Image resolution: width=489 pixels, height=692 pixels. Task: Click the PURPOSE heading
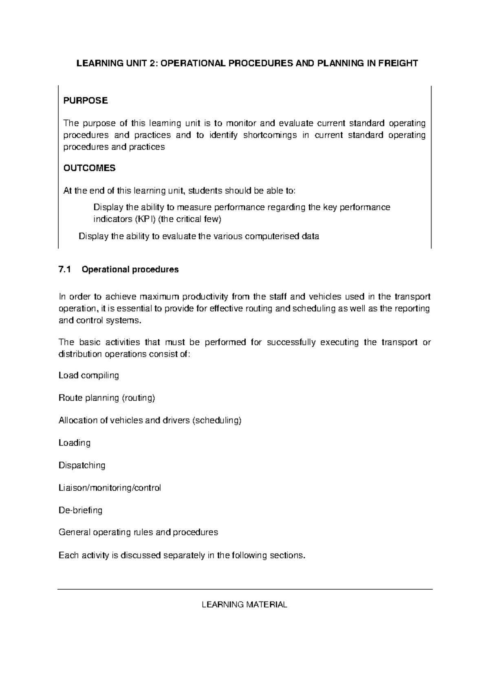coord(86,101)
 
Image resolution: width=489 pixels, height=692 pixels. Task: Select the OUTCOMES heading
coord(89,168)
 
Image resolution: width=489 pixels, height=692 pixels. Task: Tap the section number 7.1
coord(65,269)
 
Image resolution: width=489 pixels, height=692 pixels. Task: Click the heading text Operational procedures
coord(130,269)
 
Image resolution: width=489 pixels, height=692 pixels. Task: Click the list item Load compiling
coord(89,375)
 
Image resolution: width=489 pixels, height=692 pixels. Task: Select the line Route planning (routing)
coord(107,398)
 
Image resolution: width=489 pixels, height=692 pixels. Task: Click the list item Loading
coord(75,443)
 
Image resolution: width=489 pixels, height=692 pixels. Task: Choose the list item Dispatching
coord(82,465)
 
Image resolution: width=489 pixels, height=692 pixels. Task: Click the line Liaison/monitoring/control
coord(110,487)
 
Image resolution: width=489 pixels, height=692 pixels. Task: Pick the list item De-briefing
coord(80,510)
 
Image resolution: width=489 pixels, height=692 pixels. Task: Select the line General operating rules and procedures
coord(138,532)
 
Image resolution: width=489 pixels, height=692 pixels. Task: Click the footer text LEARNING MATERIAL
coord(244,604)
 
